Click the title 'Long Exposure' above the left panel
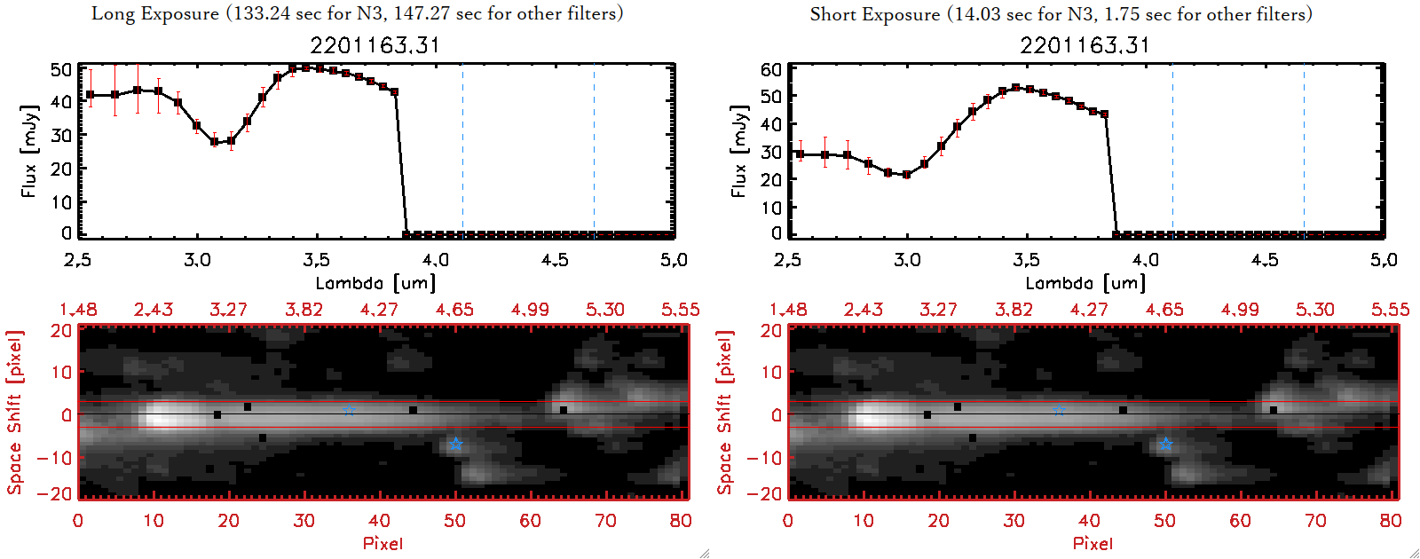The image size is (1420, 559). point(155,13)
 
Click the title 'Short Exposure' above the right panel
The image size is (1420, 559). point(874,14)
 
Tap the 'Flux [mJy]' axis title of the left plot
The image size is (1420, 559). point(29,152)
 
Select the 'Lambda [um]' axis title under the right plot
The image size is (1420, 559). point(1085,283)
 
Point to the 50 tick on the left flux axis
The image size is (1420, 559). point(61,69)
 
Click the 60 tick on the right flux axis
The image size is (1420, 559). point(771,69)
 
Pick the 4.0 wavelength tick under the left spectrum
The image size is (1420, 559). point(435,260)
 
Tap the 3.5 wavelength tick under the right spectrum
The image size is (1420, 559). point(1026,260)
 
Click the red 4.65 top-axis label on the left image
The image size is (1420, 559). point(454,310)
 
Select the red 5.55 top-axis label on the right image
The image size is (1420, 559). point(1390,310)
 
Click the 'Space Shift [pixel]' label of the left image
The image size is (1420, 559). point(14,413)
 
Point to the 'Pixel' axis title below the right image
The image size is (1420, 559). point(1093,543)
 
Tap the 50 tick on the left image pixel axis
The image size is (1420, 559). point(454,521)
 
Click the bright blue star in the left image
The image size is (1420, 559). point(455,444)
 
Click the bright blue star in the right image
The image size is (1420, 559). point(1165,444)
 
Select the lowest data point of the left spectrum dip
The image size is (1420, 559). point(215,141)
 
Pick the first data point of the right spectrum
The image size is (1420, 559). point(801,154)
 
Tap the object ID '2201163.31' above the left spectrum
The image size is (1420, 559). point(375,45)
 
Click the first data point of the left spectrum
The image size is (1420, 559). point(91,95)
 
